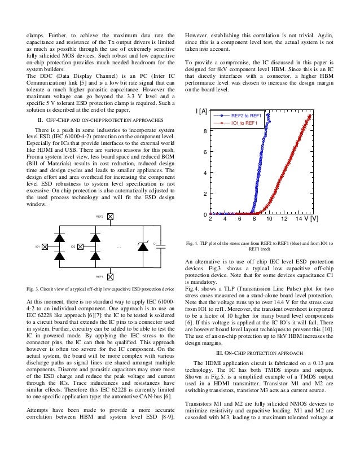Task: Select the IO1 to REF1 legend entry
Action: [x=244, y=123]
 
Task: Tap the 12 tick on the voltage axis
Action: [x=284, y=219]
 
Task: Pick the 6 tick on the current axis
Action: [x=204, y=152]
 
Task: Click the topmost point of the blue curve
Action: [x=269, y=115]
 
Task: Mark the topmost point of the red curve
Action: [x=310, y=116]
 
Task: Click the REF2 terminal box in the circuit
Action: [x=111, y=216]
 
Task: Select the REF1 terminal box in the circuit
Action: [x=111, y=276]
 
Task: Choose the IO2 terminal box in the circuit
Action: [x=80, y=247]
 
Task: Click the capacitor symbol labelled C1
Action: [x=160, y=247]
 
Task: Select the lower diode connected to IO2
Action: [x=91, y=257]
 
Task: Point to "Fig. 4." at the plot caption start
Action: [x=194, y=243]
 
